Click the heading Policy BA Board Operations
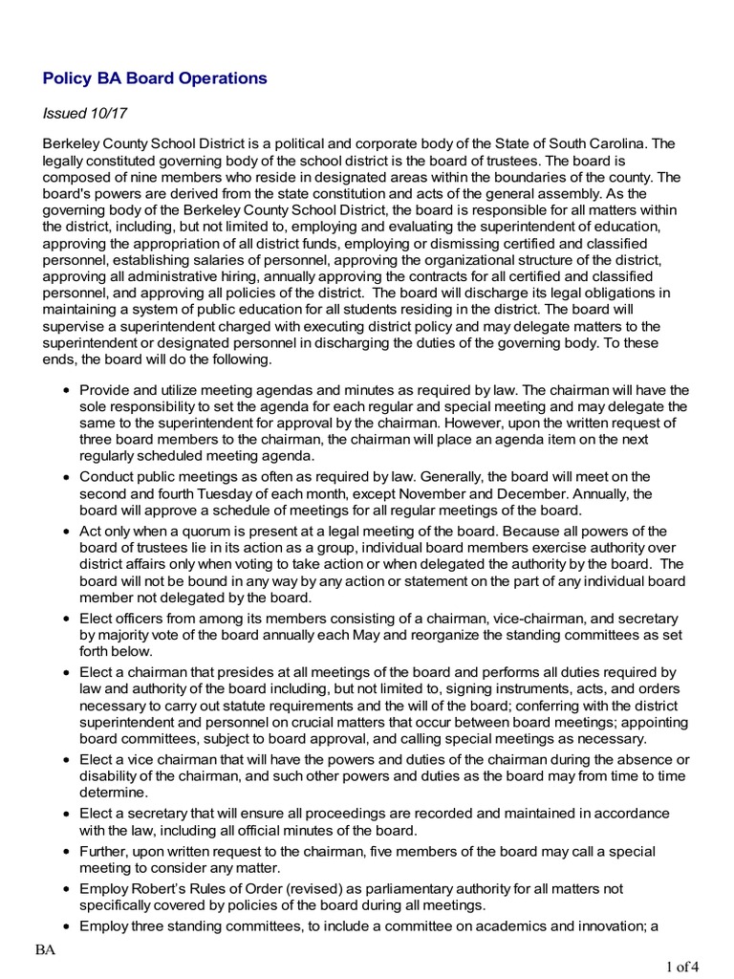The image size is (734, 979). pos(155,78)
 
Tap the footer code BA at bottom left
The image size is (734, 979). pos(45,948)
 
